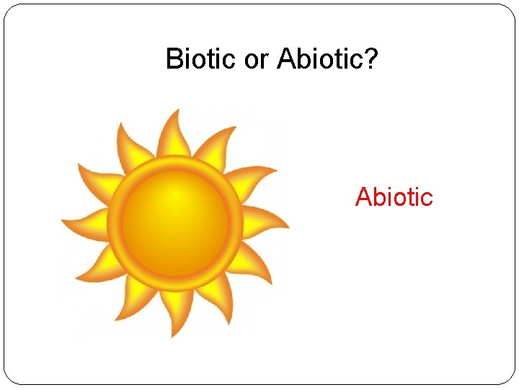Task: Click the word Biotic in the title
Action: pos(201,59)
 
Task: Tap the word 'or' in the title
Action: pos(256,59)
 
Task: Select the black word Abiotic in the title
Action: pos(320,59)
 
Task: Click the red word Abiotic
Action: pos(394,196)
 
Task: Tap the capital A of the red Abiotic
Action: pos(362,196)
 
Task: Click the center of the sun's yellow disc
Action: pos(175,222)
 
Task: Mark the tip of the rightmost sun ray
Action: pos(289,227)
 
